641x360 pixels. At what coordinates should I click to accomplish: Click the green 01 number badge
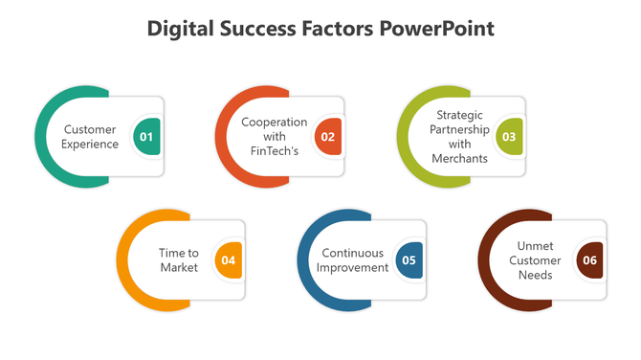pos(146,137)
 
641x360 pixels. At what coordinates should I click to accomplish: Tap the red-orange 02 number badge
pos(327,137)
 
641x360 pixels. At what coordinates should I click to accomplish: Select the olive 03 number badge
pos(509,137)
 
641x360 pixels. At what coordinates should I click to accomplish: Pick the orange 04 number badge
pos(228,260)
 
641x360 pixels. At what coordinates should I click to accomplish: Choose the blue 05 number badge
pos(409,260)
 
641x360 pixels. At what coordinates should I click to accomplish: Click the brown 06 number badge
pos(589,260)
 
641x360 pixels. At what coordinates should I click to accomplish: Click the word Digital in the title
pos(179,29)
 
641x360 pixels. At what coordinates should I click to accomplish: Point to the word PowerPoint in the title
pos(437,29)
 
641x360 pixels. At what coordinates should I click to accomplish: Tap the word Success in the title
pos(259,29)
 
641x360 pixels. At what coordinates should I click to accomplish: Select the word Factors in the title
pos(341,29)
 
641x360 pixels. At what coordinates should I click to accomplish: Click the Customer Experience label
pos(90,137)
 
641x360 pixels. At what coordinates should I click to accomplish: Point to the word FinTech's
pos(274,151)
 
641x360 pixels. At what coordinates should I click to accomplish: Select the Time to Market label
pos(179,260)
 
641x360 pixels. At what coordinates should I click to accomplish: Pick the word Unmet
pos(535,245)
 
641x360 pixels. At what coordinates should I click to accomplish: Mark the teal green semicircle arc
pos(42,137)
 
